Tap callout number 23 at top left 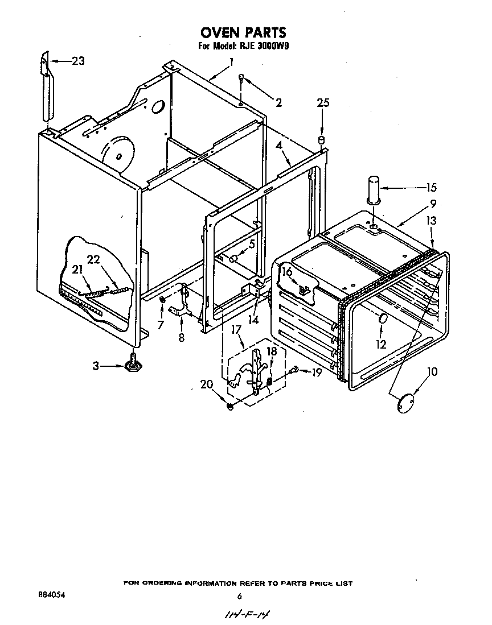(78, 61)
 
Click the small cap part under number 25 (322, 139)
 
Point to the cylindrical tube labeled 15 (373, 189)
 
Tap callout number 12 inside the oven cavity (381, 343)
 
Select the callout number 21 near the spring (77, 269)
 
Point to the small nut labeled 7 (163, 300)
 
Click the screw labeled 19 (293, 370)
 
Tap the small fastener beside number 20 (229, 406)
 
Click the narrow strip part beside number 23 (46, 88)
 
